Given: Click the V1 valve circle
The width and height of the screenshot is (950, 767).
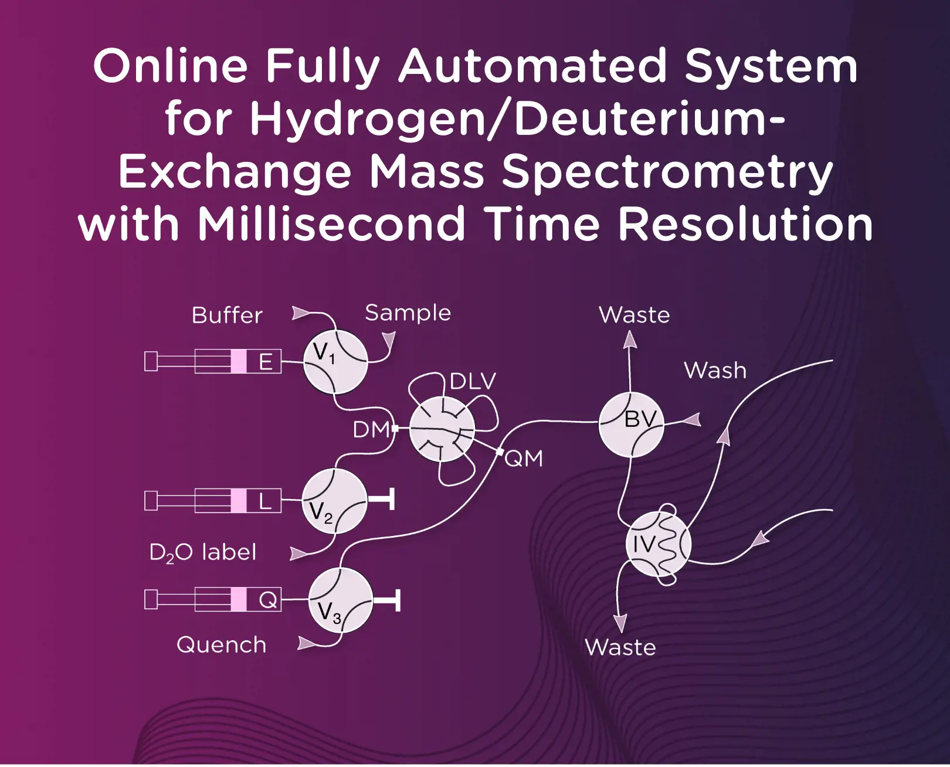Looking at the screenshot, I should tap(335, 361).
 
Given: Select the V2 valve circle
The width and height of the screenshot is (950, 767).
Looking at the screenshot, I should tap(334, 501).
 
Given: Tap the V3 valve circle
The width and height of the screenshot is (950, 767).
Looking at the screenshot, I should tap(340, 600).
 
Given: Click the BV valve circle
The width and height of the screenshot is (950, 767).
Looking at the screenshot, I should tap(631, 425).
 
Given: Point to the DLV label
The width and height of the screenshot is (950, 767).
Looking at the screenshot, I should tap(473, 382).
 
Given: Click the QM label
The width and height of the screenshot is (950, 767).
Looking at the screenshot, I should tap(524, 458).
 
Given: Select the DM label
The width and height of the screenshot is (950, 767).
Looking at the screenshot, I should tap(371, 430).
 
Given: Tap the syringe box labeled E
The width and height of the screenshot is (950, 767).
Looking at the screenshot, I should tap(266, 361).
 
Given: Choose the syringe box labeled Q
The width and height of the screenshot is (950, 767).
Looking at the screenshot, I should tap(267, 600).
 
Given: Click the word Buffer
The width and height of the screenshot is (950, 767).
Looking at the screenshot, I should tap(227, 315).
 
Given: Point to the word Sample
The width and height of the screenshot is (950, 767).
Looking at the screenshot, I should tap(408, 313).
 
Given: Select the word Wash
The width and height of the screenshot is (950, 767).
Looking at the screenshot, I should tap(715, 371).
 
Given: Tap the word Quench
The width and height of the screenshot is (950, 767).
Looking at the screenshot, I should tap(221, 645).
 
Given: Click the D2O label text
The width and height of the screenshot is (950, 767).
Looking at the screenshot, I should tap(202, 552).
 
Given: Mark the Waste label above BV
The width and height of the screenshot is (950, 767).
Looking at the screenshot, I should tap(634, 315).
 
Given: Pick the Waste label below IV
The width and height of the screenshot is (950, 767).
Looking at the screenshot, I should tap(620, 647).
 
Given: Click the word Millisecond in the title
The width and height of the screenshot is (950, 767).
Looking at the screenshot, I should tap(331, 224).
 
